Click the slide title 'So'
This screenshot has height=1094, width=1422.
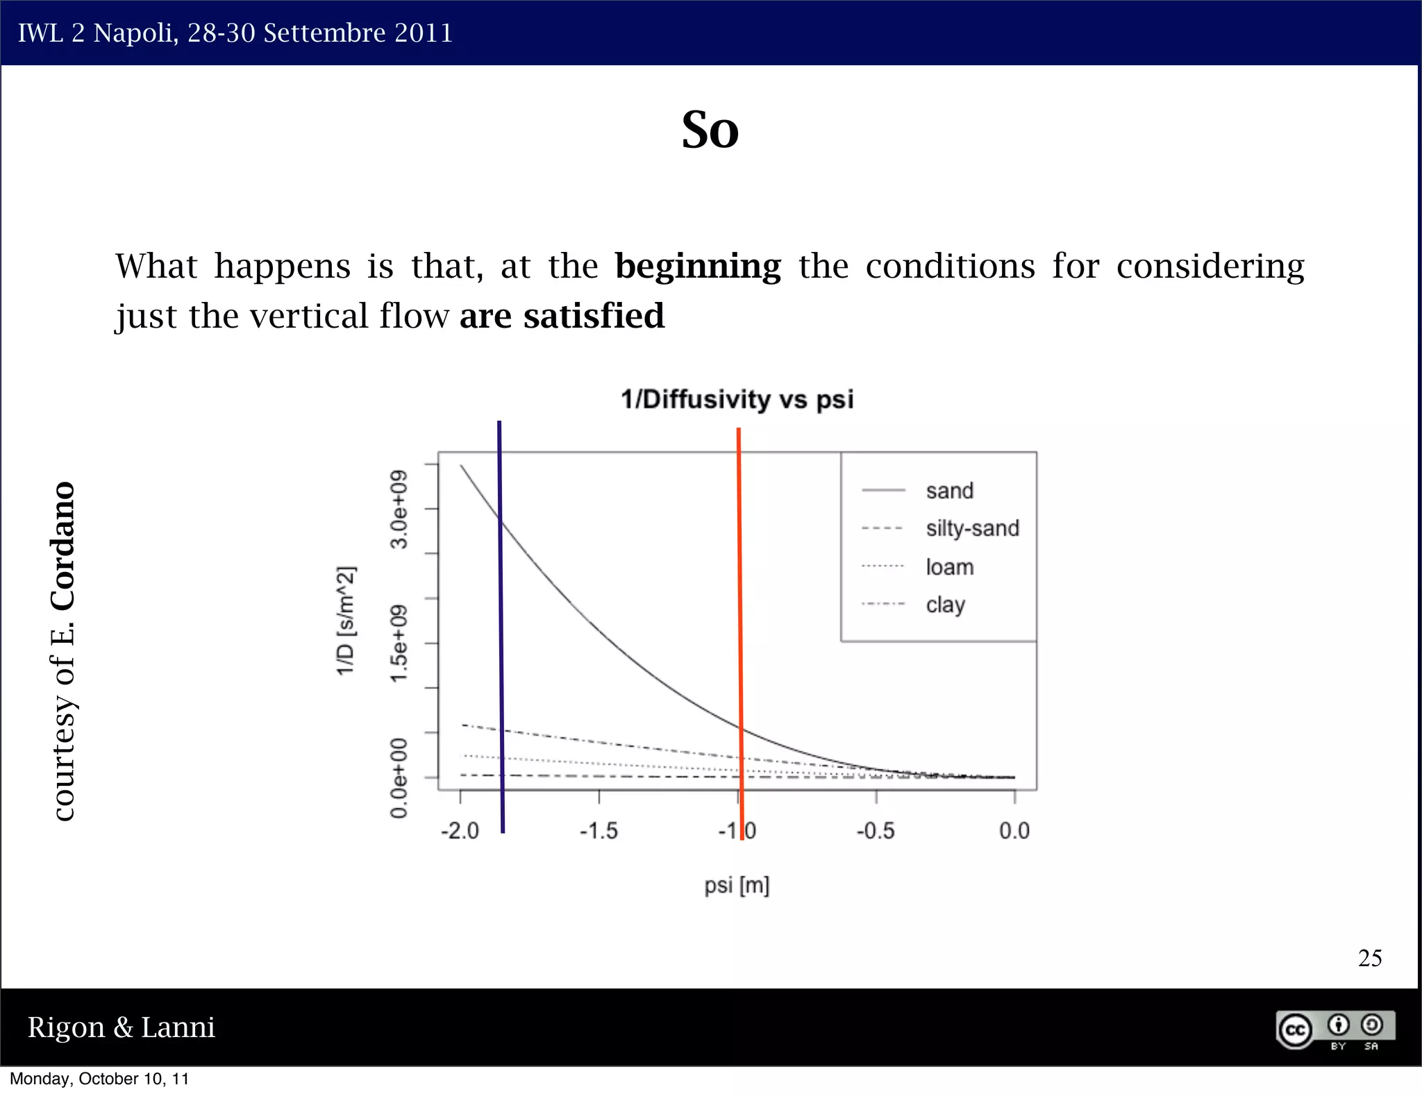[710, 131]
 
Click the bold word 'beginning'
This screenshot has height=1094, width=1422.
[698, 267]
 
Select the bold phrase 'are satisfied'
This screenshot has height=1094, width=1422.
[562, 317]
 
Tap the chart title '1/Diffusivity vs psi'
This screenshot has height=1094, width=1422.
[737, 400]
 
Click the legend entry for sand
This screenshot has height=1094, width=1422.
[949, 491]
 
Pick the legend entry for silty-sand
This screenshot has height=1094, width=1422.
[972, 528]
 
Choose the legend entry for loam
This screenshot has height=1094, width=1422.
[949, 567]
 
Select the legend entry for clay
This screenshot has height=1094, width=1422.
[945, 605]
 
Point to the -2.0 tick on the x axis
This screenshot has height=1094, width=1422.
[460, 831]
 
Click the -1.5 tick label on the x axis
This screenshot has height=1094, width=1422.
[599, 831]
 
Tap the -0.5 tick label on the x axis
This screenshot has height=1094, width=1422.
[875, 831]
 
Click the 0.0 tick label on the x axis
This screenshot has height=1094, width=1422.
[1014, 831]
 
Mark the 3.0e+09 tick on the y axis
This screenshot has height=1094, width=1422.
[399, 510]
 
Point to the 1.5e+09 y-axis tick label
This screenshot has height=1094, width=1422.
[399, 643]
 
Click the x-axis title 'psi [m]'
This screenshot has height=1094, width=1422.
[737, 886]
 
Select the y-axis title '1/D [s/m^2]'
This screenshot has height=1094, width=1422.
[346, 620]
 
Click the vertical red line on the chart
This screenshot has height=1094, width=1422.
[740, 625]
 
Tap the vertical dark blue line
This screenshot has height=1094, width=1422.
[501, 625]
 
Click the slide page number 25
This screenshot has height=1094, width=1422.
[1369, 959]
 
